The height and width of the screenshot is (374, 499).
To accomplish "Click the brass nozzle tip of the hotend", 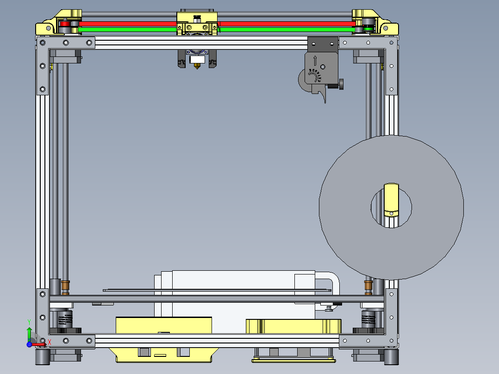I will tap(197, 67).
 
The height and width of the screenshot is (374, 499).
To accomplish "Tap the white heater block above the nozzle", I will tap(197, 60).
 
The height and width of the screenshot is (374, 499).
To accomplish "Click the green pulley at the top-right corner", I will tap(368, 29).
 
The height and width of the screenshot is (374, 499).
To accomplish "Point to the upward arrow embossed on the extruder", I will tap(315, 60).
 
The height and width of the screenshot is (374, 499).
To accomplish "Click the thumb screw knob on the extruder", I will tap(342, 84).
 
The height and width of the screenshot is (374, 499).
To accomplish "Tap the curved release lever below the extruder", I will tap(322, 96).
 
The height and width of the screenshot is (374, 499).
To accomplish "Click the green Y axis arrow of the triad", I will tap(29, 332).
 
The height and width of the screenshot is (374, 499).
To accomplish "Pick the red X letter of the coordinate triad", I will tap(49, 343).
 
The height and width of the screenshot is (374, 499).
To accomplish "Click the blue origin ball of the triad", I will tap(29, 344).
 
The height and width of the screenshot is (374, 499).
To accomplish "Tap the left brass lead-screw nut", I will tap(65, 287).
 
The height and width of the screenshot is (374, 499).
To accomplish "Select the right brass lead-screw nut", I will tap(368, 287).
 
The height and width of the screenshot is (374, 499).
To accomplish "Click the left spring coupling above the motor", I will tap(65, 318).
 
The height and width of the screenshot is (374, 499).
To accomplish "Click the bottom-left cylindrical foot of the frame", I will tap(42, 356).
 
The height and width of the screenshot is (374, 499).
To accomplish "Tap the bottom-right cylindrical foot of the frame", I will tap(391, 356).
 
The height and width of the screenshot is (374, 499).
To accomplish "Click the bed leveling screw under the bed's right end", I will tap(329, 306).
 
